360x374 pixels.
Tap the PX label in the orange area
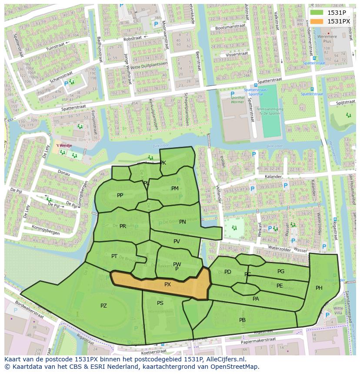pos(167,285)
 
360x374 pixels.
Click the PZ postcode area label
pos(103,306)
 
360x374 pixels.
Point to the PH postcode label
pos(319,288)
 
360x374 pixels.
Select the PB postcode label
pos(242,320)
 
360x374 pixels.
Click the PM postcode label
pos(175,188)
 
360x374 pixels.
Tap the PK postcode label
pos(163,163)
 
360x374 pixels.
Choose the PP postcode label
pos(120,195)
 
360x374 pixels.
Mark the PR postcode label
pos(123,226)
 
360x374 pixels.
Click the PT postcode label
pos(114,256)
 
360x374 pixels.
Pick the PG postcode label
pos(281,271)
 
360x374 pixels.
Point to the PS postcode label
pos(160,303)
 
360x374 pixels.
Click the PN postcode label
pos(183,222)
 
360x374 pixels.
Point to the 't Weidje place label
pos(63,146)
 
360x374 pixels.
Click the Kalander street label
pos(273,177)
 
